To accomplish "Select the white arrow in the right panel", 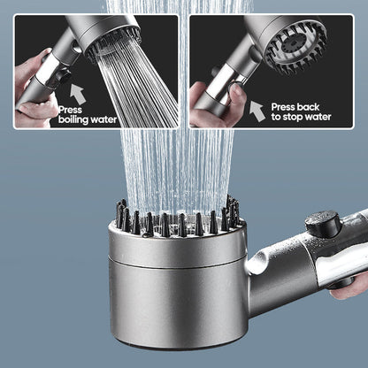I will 257,110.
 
